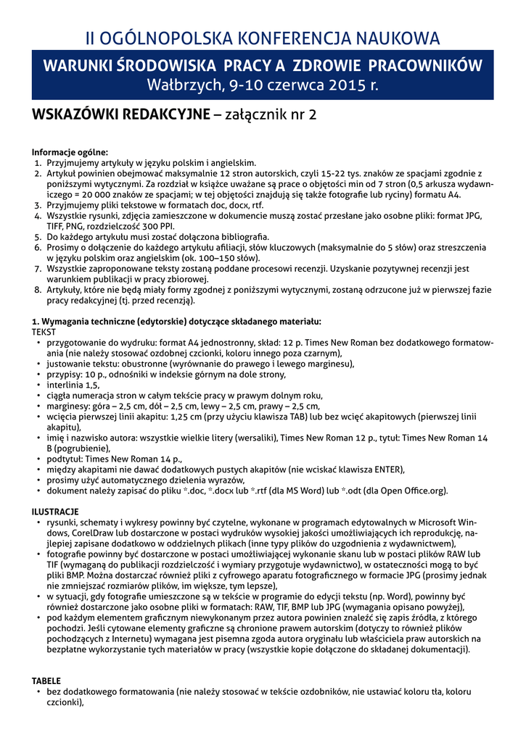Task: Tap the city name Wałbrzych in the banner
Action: tap(184, 85)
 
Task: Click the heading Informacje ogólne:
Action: tap(70, 152)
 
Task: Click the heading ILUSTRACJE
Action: tap(55, 512)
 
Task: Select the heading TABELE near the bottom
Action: tap(46, 681)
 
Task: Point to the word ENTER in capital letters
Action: tap(382, 469)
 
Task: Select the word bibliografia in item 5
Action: tap(239, 236)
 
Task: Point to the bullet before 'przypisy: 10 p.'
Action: tap(38, 374)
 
